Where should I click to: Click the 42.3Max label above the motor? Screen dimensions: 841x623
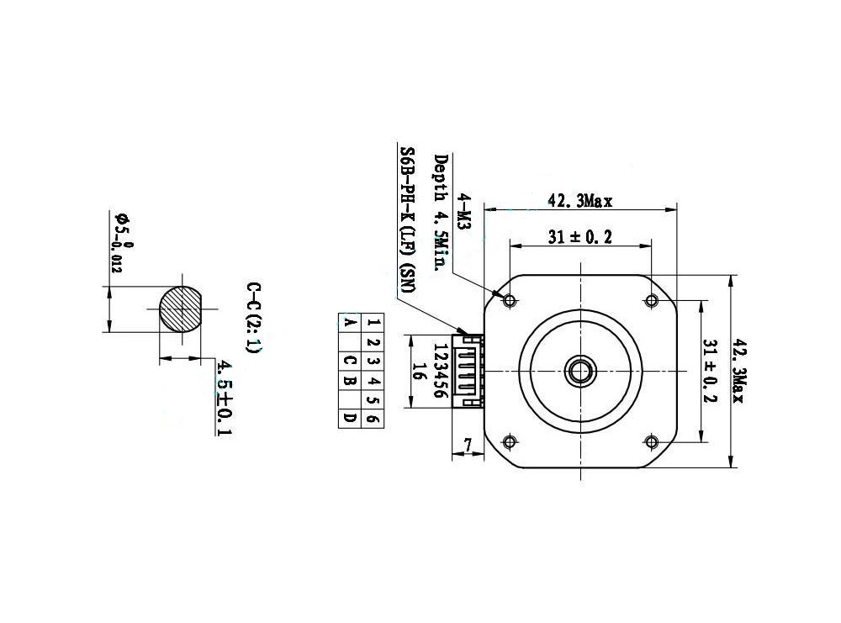(x=579, y=201)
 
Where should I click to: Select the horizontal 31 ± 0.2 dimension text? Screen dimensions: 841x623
(x=579, y=236)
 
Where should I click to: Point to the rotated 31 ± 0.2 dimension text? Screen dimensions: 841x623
(x=710, y=371)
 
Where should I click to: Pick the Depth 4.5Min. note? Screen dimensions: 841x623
(x=441, y=213)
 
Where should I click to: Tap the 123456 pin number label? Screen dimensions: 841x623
(x=440, y=371)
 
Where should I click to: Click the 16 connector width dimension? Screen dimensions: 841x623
(x=420, y=371)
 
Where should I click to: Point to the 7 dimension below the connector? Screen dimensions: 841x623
(x=468, y=445)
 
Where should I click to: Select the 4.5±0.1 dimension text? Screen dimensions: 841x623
(x=225, y=398)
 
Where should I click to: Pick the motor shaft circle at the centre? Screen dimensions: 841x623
(x=580, y=371)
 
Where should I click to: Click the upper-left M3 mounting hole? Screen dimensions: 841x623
(x=510, y=300)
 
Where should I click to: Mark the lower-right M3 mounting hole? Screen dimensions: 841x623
(x=651, y=441)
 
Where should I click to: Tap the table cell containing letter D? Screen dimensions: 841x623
(x=350, y=418)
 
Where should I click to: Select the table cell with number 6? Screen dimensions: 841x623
(x=373, y=418)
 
